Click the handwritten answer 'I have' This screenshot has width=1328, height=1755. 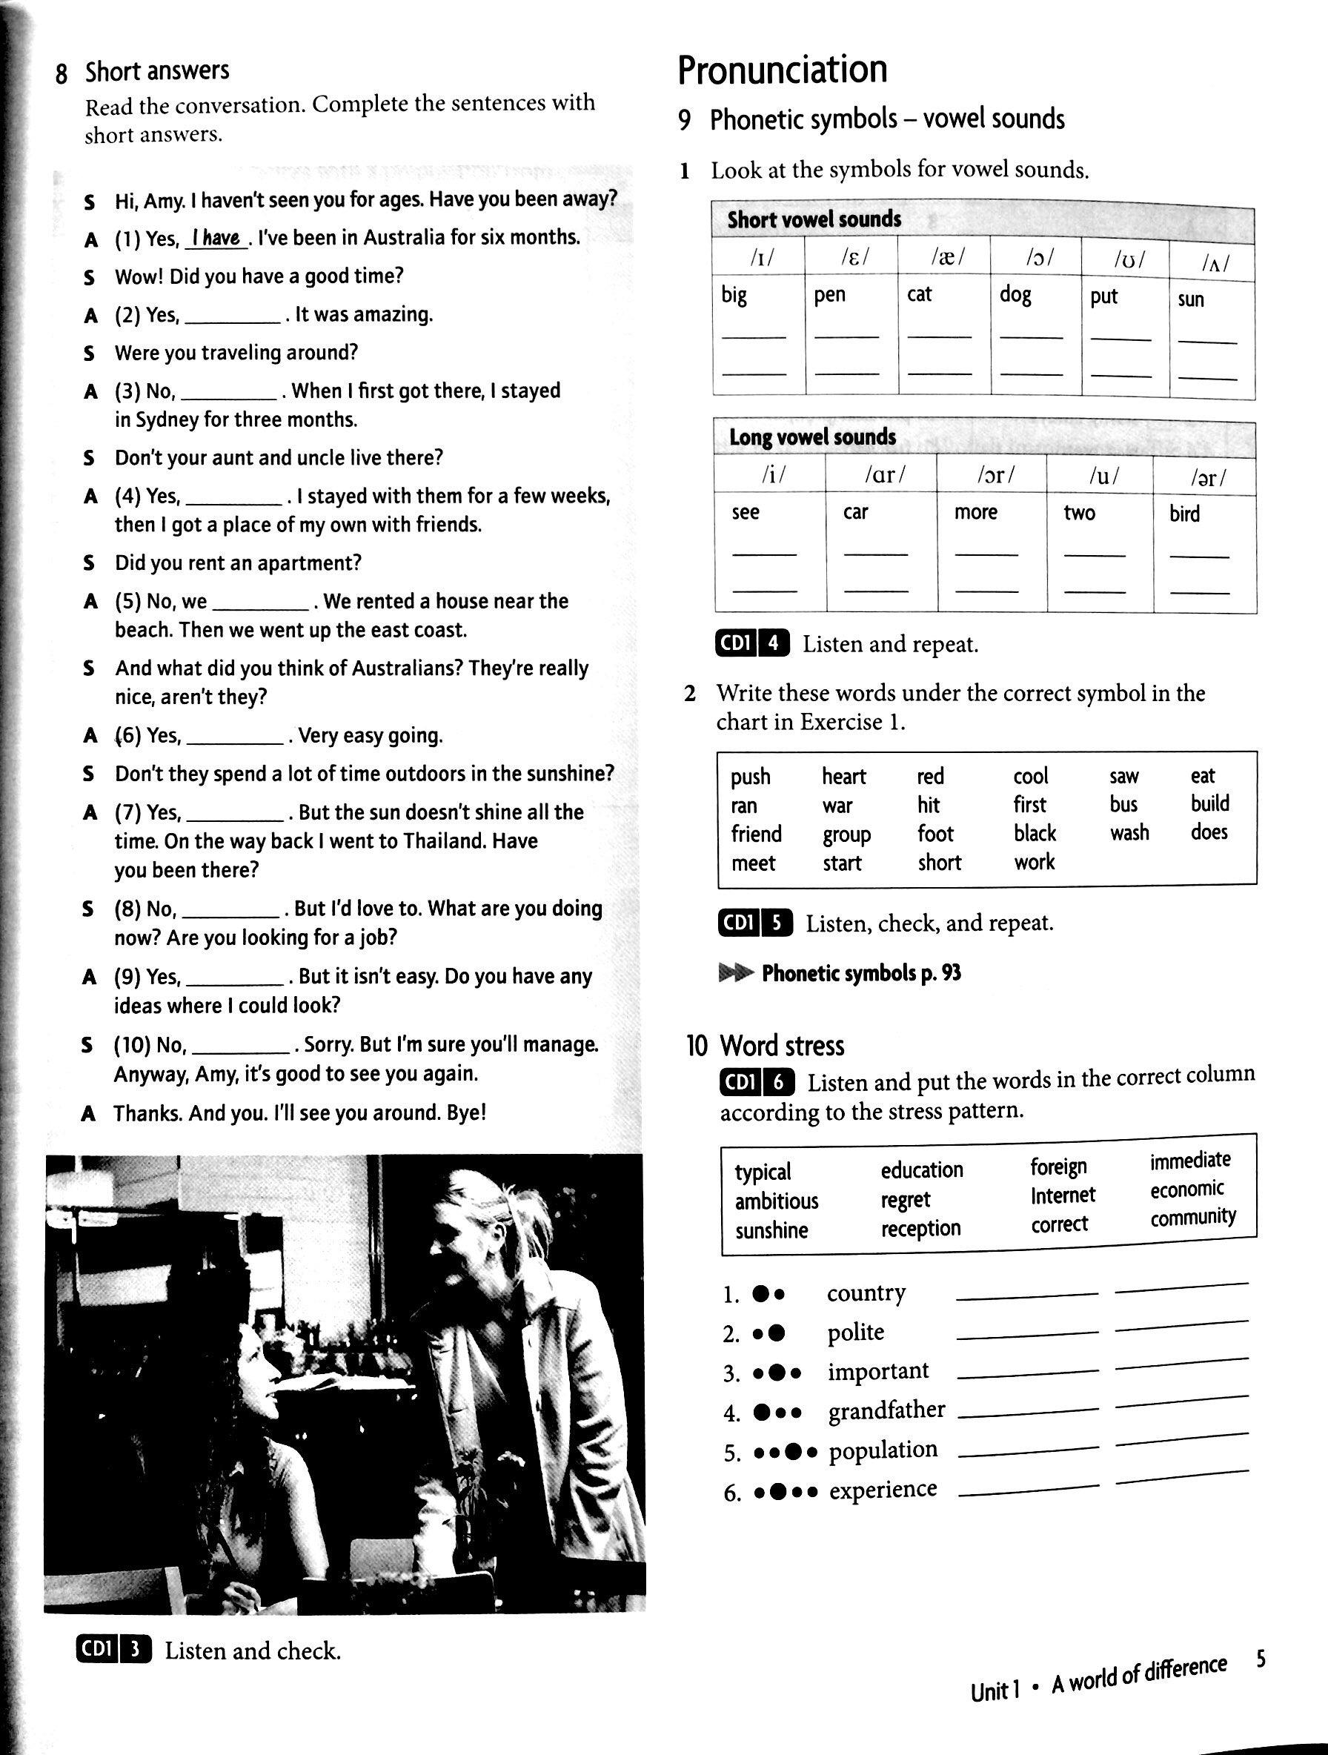[x=216, y=237]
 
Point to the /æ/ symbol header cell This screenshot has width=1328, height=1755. [x=944, y=258]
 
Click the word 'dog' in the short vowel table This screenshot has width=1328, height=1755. [x=1015, y=295]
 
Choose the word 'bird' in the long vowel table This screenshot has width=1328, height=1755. [x=1183, y=514]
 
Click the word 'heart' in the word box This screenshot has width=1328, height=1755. [x=843, y=776]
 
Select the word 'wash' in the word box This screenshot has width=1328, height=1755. [x=1129, y=832]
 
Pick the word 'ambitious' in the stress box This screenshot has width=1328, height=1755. [x=776, y=1201]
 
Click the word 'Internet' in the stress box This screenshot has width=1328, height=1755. [x=1062, y=1195]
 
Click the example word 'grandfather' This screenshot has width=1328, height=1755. [x=886, y=1410]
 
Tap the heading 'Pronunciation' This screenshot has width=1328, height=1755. [x=783, y=70]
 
